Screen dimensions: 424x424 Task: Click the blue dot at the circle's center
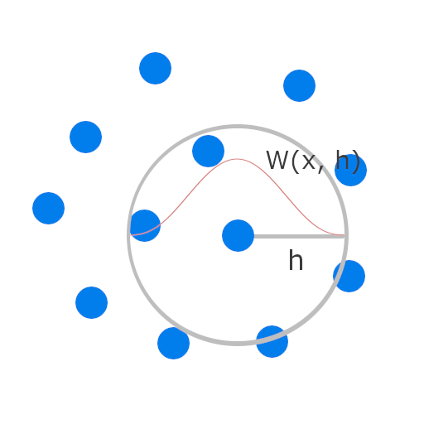click(x=238, y=235)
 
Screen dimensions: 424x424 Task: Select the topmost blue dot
click(x=155, y=68)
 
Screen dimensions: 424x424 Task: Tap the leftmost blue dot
click(x=48, y=208)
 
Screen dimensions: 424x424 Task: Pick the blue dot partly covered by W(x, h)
click(x=350, y=170)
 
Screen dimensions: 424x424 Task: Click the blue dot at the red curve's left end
click(x=144, y=225)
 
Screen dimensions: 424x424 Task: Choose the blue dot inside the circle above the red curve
click(x=208, y=151)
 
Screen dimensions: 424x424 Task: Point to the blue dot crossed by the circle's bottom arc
click(x=272, y=341)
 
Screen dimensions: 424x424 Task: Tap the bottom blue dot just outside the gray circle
click(x=173, y=343)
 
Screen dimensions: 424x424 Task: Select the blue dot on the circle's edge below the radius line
click(x=349, y=276)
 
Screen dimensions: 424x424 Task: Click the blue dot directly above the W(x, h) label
click(x=299, y=85)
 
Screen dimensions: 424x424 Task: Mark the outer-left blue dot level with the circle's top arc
click(x=85, y=137)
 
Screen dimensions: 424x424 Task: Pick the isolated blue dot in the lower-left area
click(x=91, y=302)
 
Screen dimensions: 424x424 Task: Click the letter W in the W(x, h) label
click(x=277, y=160)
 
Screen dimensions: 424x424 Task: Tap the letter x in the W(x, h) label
click(x=309, y=162)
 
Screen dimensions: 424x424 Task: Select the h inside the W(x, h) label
click(x=342, y=160)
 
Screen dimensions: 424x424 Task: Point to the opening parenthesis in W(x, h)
click(x=296, y=161)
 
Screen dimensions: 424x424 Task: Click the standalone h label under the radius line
click(x=296, y=260)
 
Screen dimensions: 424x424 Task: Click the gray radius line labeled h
click(x=299, y=236)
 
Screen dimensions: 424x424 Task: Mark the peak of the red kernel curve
click(x=237, y=159)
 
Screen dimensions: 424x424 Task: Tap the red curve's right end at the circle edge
click(x=344, y=235)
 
